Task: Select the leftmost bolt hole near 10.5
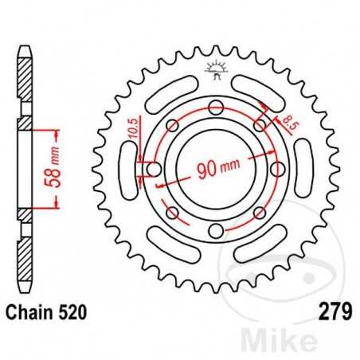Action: [x=152, y=170]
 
